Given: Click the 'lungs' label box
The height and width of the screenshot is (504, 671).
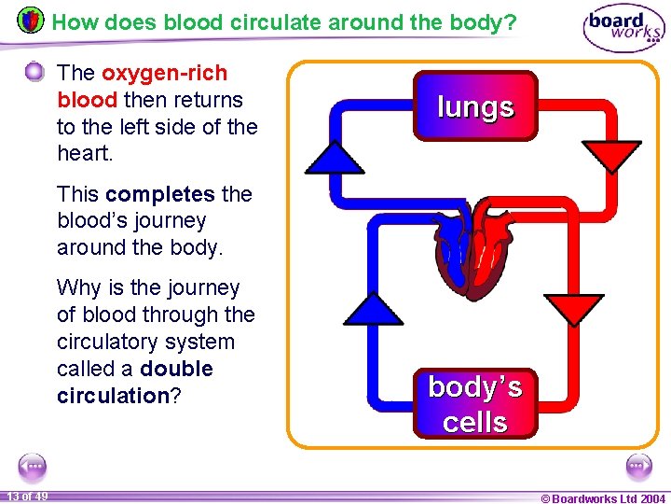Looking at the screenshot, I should [x=475, y=106].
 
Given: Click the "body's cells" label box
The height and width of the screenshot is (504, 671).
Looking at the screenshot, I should [x=475, y=403].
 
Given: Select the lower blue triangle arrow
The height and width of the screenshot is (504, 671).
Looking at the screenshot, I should [x=375, y=310].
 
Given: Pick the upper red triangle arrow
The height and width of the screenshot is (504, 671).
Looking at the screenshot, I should [x=611, y=155].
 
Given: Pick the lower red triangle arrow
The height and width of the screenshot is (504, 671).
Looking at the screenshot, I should [x=573, y=308].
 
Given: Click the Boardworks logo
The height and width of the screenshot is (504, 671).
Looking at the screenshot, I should [x=623, y=29].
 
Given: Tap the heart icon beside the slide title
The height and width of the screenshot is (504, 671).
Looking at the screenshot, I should [x=31, y=20].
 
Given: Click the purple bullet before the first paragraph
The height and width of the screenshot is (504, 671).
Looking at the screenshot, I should [x=34, y=71].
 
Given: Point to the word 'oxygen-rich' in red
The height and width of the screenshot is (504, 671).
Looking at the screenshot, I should [x=164, y=73].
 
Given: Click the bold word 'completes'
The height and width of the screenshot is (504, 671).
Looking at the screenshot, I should [x=160, y=194].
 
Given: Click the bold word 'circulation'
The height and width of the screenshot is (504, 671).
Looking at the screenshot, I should [x=112, y=396].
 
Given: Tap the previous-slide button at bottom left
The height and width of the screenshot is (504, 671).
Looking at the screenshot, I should [x=33, y=465].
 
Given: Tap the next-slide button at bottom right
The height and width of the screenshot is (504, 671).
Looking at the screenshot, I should [x=638, y=465].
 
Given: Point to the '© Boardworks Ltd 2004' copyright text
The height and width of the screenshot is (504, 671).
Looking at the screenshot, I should [x=603, y=498].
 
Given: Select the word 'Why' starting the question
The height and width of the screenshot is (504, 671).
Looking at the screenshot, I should [x=76, y=287].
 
